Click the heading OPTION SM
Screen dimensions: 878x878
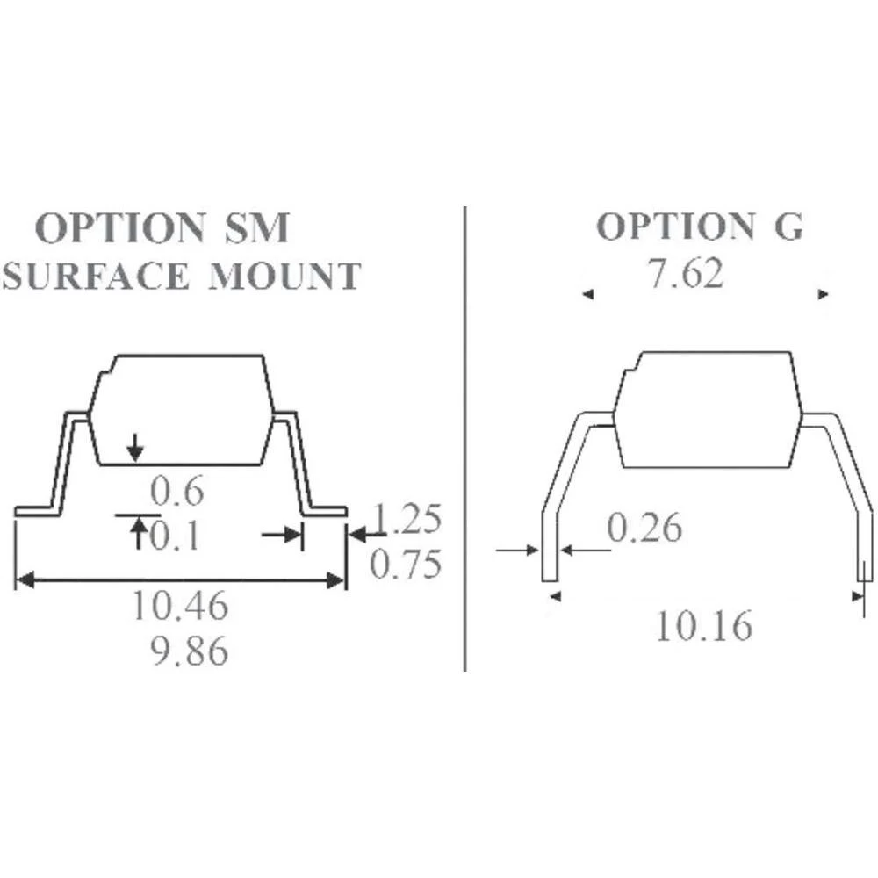162,229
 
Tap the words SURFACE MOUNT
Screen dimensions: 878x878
181,277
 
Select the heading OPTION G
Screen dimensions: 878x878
700,227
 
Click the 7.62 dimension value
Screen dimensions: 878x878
686,275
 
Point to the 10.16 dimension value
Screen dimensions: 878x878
704,627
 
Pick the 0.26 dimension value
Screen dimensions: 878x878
644,529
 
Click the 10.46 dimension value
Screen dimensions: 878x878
180,606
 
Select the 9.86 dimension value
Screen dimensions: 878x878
190,651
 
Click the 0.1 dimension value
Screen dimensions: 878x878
175,536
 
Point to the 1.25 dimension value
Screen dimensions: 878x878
407,520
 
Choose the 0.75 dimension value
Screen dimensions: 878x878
405,565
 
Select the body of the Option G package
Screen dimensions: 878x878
707,409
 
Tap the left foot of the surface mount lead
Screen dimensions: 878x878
37,511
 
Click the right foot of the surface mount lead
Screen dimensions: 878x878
326,511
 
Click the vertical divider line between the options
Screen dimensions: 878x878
464,439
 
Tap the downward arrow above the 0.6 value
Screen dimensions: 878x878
134,450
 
